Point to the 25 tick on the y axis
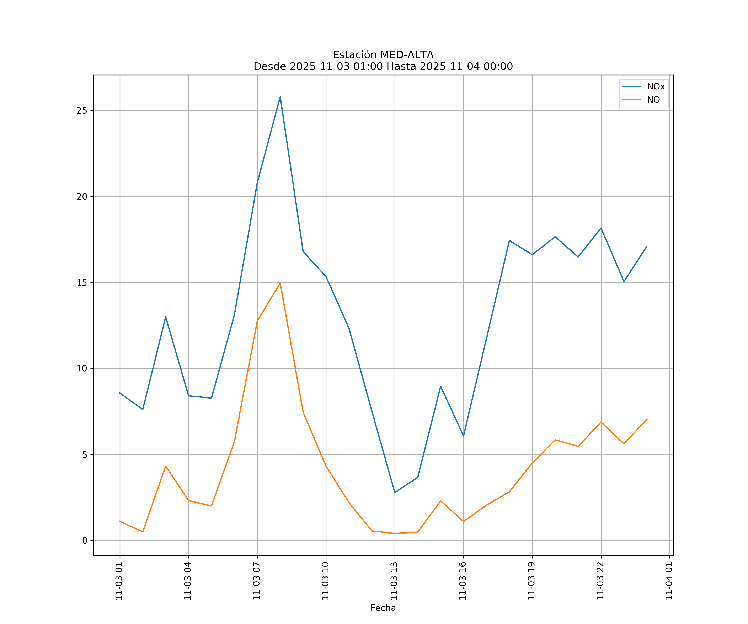click(x=82, y=110)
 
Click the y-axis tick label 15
click(x=82, y=282)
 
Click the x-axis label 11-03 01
click(x=119, y=581)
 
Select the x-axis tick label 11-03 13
click(x=394, y=581)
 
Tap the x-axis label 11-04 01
click(x=669, y=581)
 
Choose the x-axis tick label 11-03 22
click(x=600, y=581)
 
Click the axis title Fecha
click(x=383, y=608)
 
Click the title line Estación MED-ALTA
click(x=383, y=55)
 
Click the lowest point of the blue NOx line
click(x=395, y=492)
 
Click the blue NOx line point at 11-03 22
click(x=601, y=228)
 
